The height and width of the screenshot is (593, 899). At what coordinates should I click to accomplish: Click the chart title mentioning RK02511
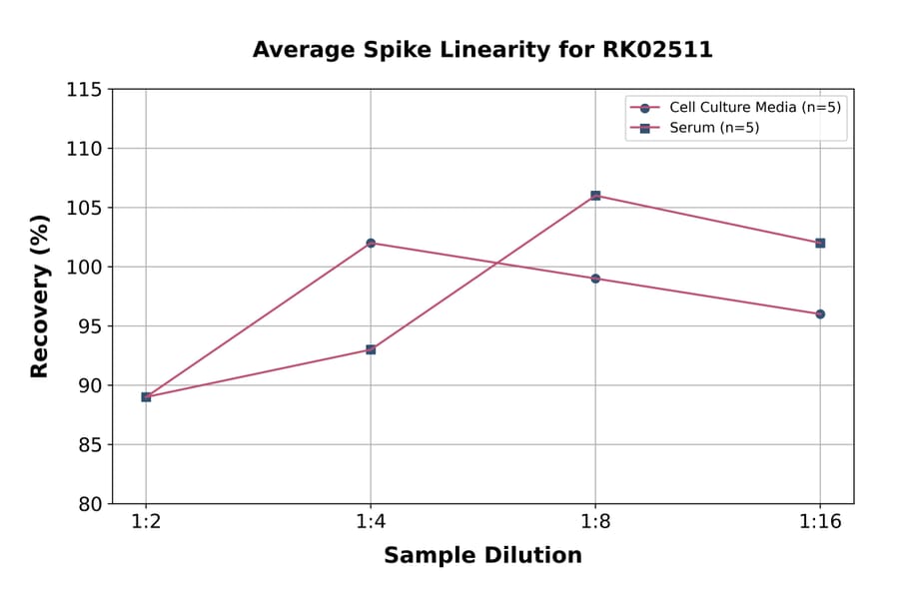pos(482,50)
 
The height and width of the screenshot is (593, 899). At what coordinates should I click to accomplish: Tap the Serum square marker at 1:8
pos(595,196)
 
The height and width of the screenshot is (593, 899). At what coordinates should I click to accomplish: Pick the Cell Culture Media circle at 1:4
pos(371,243)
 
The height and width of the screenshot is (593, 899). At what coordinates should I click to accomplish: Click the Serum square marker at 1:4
pos(371,349)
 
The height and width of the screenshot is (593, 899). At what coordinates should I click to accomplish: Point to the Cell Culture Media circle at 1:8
pos(595,279)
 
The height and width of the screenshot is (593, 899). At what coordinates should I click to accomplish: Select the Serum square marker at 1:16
pos(820,243)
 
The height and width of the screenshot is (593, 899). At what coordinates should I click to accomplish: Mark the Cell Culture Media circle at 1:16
pos(820,313)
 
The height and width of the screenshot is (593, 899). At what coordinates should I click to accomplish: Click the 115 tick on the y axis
pos(84,90)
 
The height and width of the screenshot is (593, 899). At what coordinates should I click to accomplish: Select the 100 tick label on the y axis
pos(84,267)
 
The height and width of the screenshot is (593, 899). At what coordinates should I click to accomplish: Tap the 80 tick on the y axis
pos(89,504)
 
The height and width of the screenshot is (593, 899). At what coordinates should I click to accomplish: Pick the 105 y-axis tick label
pos(84,208)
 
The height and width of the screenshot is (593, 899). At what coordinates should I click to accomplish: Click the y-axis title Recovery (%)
pos(40,296)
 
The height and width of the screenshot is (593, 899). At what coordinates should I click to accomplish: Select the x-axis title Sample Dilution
pos(482,556)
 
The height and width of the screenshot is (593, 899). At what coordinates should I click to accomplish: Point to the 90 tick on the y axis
pos(89,385)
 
